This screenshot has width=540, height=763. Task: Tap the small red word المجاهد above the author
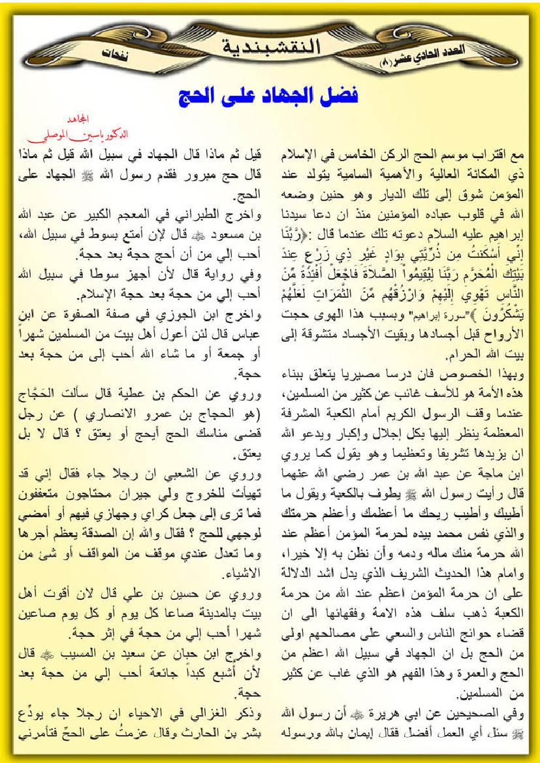point(82,121)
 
